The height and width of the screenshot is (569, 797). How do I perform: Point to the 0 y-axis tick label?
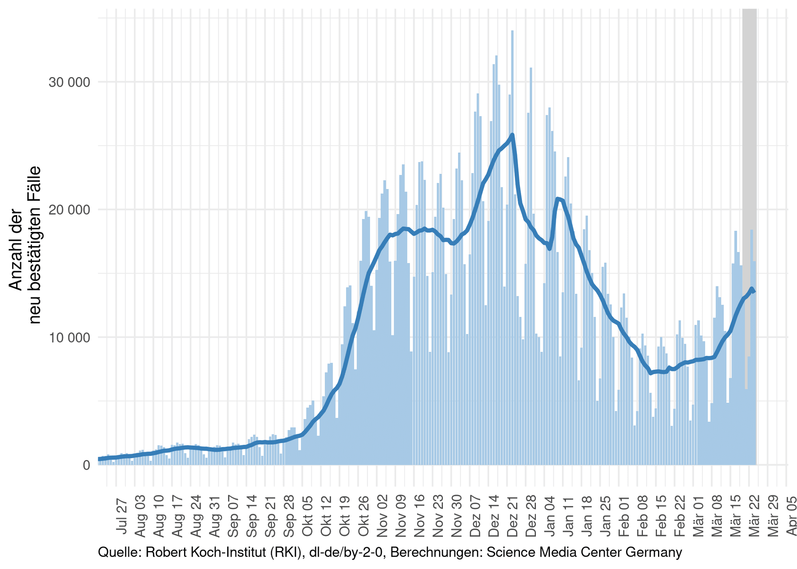(x=86, y=465)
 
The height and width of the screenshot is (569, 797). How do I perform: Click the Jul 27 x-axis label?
(x=122, y=511)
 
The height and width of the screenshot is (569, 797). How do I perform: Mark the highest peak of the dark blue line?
(x=513, y=135)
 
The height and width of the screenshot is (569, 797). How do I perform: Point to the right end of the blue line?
(x=754, y=291)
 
